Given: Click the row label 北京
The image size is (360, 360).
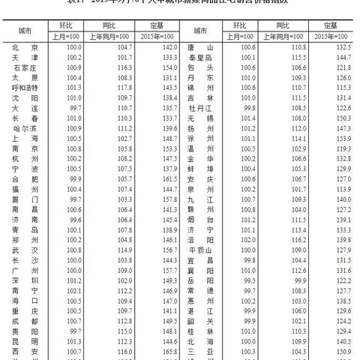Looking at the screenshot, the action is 25,46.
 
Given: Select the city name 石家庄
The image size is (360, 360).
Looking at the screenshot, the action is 25,67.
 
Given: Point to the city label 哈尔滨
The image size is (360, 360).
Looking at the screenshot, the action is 25,127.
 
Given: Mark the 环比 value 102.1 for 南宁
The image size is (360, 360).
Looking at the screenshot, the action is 73,289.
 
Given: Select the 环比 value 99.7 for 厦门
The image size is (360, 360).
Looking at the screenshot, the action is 73,199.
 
